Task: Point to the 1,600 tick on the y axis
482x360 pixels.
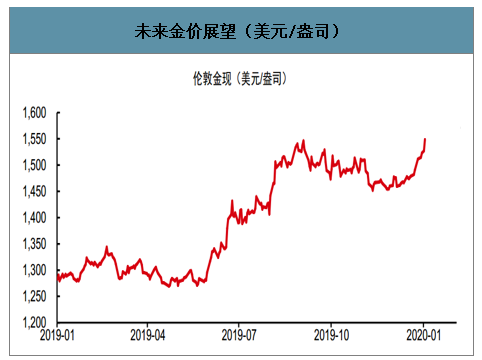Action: click(34, 113)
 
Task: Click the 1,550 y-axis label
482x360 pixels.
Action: click(34, 139)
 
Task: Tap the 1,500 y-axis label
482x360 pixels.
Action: click(34, 165)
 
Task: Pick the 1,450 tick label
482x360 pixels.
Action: click(34, 191)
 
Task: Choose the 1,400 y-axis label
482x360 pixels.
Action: click(34, 218)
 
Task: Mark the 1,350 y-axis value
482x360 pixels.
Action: click(34, 244)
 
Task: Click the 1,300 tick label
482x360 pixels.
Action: click(34, 270)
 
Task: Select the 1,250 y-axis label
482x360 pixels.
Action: click(34, 296)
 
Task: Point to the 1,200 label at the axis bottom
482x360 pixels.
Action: click(34, 322)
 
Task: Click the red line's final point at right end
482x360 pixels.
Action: click(425, 139)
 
